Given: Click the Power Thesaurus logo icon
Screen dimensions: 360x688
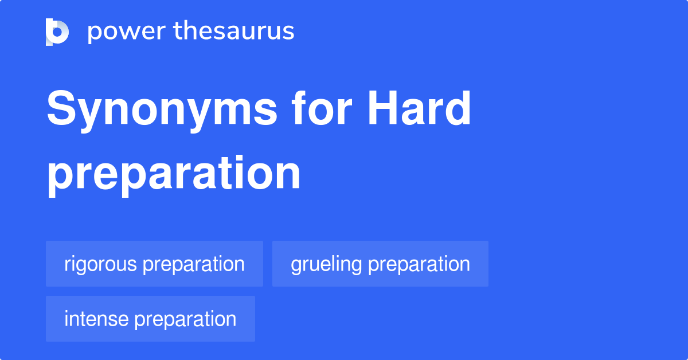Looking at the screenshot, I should tap(57, 32).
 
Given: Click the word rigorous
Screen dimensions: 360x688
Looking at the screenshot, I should tap(100, 264).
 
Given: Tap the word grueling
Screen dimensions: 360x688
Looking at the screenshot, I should tap(326, 264).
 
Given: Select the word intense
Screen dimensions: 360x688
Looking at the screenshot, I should tap(96, 319).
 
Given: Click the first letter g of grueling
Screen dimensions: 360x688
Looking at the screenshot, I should tap(296, 266).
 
